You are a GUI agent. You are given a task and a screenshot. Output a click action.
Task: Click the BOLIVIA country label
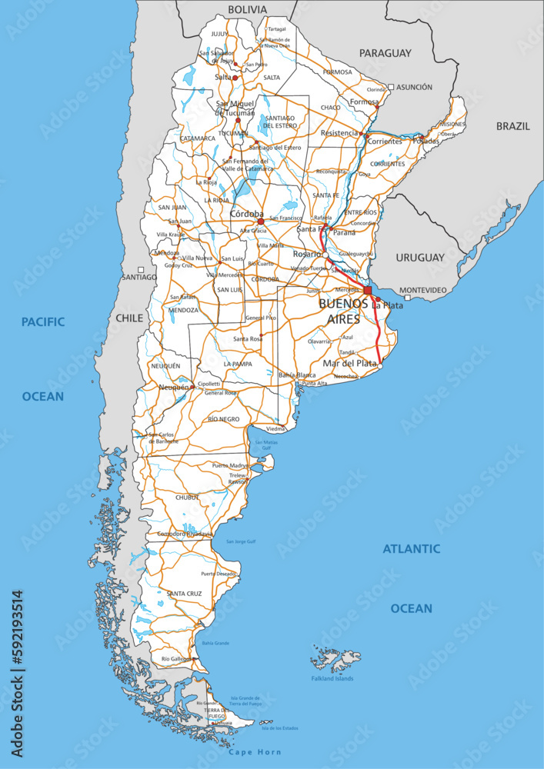248,10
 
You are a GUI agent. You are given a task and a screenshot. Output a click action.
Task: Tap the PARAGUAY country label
385,54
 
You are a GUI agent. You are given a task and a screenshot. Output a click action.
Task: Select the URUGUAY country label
420,258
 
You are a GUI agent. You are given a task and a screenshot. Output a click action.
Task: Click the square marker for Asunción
391,88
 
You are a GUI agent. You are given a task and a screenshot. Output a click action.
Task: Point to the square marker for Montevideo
408,298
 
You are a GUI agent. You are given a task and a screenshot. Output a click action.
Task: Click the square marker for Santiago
141,269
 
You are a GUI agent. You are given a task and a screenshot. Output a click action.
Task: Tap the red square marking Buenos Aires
368,291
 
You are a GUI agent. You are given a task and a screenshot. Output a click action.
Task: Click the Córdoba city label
247,214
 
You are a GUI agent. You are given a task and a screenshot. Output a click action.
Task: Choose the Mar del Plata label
350,363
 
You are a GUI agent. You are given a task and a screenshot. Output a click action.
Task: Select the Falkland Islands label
332,678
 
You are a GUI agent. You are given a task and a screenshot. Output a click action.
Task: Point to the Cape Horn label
255,752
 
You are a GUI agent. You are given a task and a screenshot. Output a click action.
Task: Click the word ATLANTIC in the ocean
412,549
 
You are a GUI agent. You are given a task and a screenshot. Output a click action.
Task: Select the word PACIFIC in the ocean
43,321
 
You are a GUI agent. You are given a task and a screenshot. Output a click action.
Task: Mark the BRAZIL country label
512,126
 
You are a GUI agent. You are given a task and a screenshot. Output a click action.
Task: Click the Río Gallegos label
176,659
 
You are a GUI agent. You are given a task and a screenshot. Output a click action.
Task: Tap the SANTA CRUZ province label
185,594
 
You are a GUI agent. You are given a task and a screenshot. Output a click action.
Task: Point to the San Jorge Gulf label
241,541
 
